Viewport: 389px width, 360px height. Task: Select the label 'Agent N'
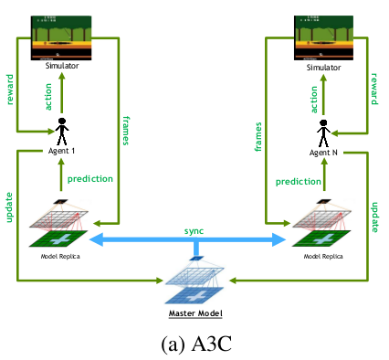(324, 152)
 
